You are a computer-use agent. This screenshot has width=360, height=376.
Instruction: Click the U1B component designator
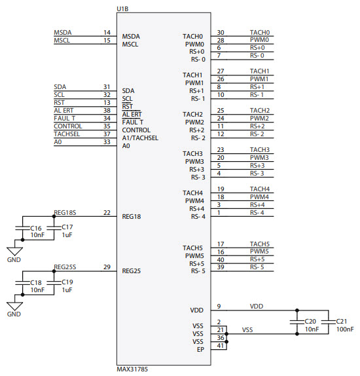(122, 8)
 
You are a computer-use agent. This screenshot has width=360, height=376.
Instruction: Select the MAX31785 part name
(132, 369)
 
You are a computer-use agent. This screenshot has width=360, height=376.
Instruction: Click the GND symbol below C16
(14, 250)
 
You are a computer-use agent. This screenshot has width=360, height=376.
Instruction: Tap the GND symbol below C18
(14, 305)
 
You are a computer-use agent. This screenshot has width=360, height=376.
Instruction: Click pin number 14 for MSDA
(107, 33)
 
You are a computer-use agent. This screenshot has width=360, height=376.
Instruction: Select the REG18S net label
(65, 212)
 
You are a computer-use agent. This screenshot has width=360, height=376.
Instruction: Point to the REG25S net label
(65, 267)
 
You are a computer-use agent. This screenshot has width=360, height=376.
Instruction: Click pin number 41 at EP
(221, 345)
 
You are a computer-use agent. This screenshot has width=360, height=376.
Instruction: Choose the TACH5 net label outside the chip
(260, 244)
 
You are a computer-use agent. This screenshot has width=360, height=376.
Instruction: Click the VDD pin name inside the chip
(197, 309)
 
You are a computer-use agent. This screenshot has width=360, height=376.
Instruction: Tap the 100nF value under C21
(346, 329)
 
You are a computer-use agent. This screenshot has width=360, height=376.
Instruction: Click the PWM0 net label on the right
(259, 40)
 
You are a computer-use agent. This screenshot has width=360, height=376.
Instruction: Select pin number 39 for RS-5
(221, 267)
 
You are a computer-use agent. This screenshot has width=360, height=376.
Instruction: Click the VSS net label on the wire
(247, 329)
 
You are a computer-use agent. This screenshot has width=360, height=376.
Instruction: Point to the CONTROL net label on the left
(68, 126)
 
